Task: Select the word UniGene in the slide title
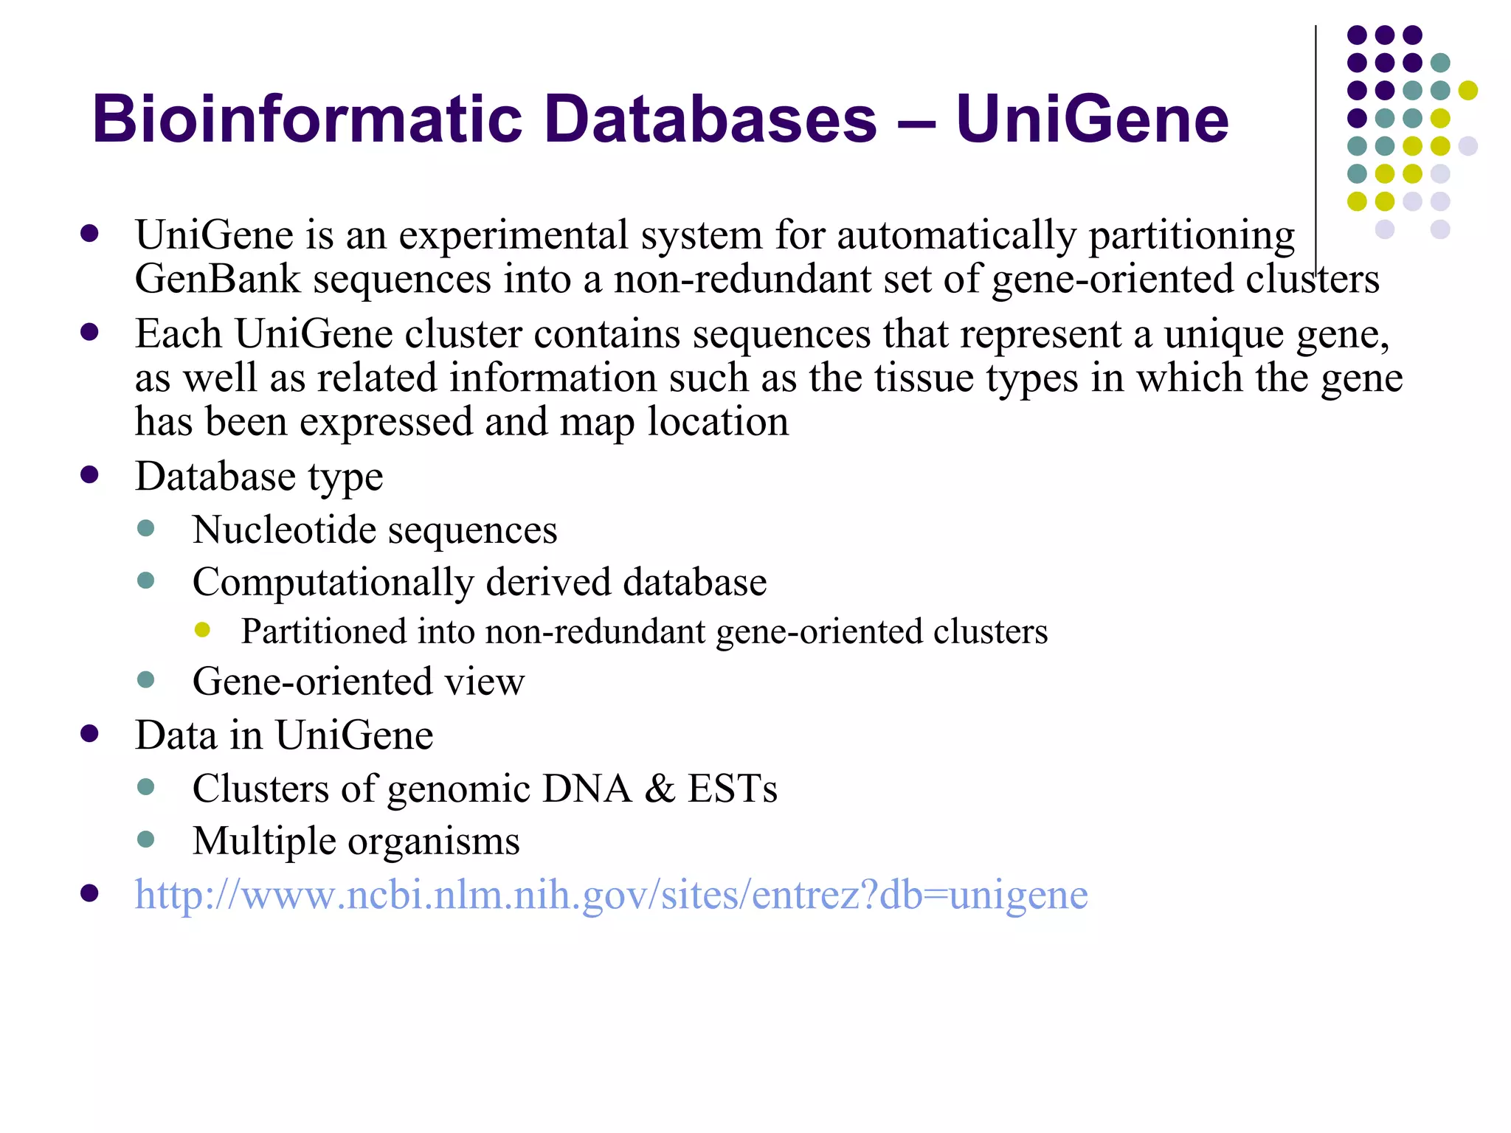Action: click(1092, 119)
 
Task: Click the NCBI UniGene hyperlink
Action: click(611, 895)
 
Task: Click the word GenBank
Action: click(218, 280)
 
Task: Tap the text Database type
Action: click(259, 477)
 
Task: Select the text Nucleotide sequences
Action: click(374, 530)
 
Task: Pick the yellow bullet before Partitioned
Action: click(202, 630)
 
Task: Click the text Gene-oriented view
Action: click(358, 681)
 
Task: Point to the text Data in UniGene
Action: click(284, 735)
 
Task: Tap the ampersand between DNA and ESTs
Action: click(660, 789)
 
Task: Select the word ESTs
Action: click(732, 789)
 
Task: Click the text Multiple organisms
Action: click(356, 842)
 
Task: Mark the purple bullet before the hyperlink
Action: click(89, 893)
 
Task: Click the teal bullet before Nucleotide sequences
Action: click(146, 528)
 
